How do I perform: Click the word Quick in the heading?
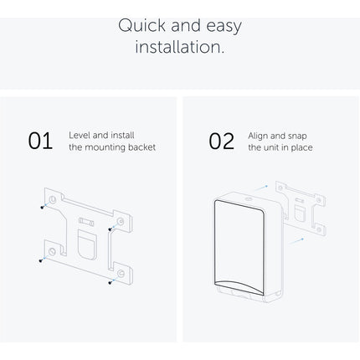tap(142, 26)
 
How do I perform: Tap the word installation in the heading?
tap(180, 47)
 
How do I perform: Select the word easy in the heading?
tap(224, 27)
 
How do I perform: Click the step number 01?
tap(40, 141)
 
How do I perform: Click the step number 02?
tap(222, 141)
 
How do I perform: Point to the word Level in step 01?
tap(80, 136)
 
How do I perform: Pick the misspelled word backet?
tap(141, 147)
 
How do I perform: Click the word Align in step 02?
tap(258, 136)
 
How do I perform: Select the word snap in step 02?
tap(297, 136)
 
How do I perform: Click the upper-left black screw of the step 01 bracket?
tap(42, 208)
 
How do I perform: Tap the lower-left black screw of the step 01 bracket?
tap(41, 260)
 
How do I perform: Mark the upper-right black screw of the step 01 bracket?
tap(110, 229)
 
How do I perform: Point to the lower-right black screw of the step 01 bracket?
tap(111, 283)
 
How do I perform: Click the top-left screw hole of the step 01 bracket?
tap(53, 199)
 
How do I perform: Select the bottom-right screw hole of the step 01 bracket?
tap(121, 273)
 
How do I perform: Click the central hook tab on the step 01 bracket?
tap(87, 244)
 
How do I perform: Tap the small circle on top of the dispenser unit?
tap(247, 199)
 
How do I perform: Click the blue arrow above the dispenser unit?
tap(261, 188)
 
